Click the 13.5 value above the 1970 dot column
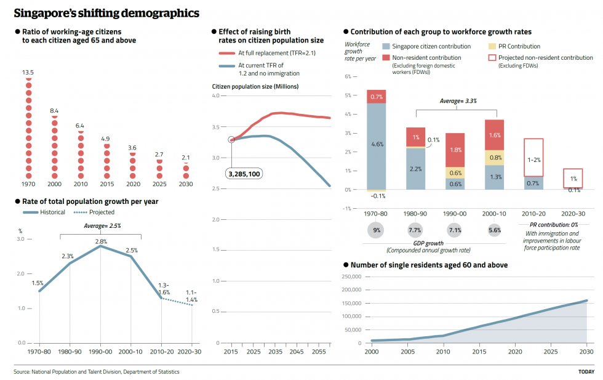pyautogui.click(x=28, y=73)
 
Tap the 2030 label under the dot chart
pyautogui.click(x=186, y=184)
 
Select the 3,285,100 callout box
pyautogui.click(x=244, y=174)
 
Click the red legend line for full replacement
pyautogui.click(x=226, y=54)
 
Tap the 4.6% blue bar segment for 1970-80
pyautogui.click(x=377, y=145)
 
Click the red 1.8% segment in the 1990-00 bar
pyautogui.click(x=455, y=150)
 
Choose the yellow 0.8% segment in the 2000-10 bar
pyautogui.click(x=495, y=158)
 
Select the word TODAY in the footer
pyautogui.click(x=586, y=371)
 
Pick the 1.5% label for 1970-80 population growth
pyautogui.click(x=38, y=283)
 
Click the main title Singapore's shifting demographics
pyautogui.click(x=106, y=13)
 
